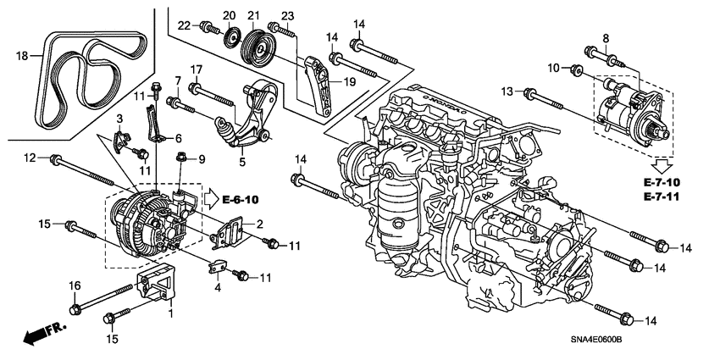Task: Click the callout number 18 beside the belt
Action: coord(23,56)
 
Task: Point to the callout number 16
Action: coord(74,285)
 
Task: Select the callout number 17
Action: coord(195,69)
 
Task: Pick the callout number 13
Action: coord(507,91)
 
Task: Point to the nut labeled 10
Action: coord(576,69)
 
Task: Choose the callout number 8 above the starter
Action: coord(606,38)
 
